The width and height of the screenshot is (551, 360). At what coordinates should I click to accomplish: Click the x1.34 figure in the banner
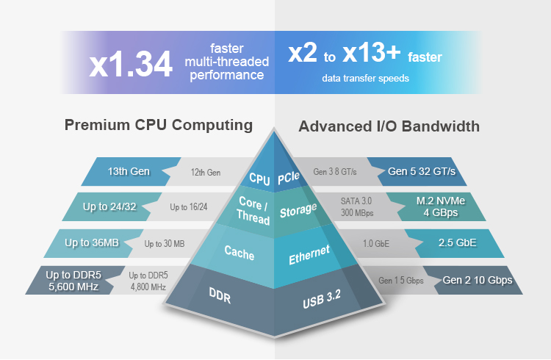tap(132, 64)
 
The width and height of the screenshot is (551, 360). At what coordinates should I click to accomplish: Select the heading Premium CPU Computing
tap(159, 125)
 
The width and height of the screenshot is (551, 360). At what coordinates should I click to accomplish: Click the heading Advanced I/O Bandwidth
tap(389, 126)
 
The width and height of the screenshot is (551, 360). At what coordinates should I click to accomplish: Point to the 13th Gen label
tap(129, 172)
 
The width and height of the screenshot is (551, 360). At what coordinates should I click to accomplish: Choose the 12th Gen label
tap(206, 173)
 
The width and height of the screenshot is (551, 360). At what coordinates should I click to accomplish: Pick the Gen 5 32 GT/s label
tap(422, 172)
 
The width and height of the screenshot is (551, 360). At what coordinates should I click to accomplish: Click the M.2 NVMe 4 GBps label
tap(441, 207)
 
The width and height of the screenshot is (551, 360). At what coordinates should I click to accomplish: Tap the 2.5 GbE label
tap(457, 242)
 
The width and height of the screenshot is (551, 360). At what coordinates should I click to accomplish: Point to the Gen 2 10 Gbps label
tap(477, 280)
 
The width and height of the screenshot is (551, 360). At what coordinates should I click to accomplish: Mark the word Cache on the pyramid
tap(240, 254)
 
